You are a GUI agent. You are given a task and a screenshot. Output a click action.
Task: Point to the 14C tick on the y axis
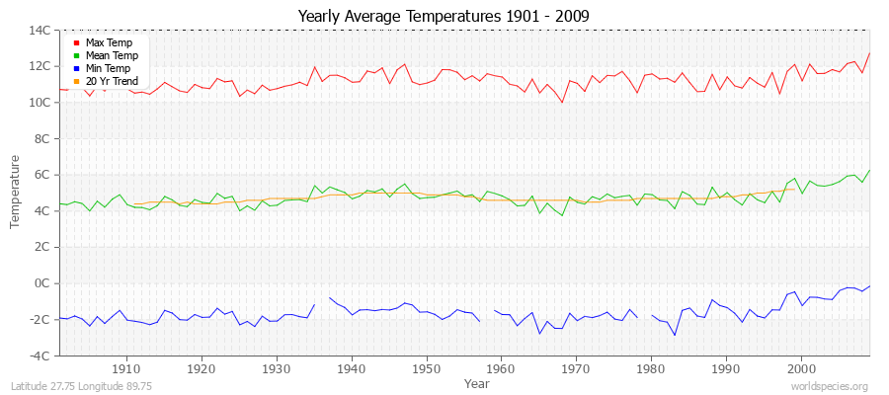tap(40, 31)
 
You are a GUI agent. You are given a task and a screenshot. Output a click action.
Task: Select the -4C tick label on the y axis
tap(40, 355)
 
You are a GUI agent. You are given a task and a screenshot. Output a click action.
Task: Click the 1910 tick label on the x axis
tap(126, 368)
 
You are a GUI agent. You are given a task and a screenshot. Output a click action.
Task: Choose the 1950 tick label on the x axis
tap(426, 368)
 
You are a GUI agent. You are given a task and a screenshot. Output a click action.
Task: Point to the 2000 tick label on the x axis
tap(801, 368)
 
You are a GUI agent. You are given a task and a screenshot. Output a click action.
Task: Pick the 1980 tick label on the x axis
tap(651, 368)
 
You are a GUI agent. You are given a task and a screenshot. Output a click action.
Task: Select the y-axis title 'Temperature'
tap(16, 193)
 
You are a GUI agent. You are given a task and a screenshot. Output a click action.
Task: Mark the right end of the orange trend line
tap(794, 190)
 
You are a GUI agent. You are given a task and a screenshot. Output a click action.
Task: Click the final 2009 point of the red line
tap(869, 53)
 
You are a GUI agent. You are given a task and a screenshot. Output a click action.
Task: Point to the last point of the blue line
tap(869, 286)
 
